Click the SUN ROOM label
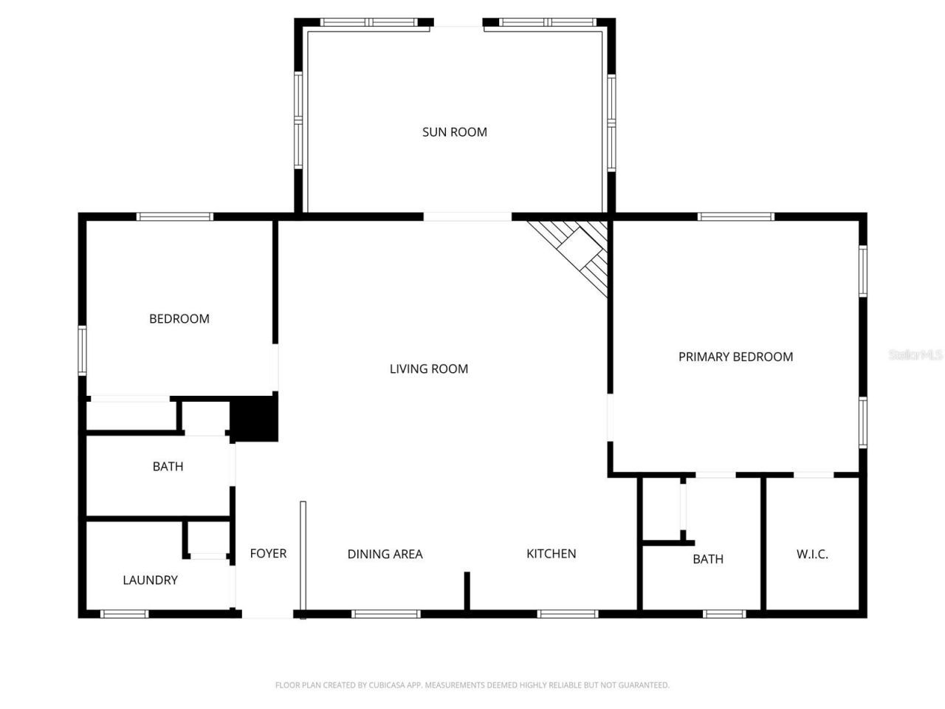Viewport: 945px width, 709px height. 454,132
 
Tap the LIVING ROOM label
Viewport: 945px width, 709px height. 428,369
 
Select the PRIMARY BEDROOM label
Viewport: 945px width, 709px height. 735,357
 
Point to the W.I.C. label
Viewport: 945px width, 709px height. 812,554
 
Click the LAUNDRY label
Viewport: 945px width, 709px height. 150,580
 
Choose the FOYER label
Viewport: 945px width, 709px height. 268,553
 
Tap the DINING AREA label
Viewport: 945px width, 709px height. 385,554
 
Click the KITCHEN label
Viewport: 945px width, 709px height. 551,553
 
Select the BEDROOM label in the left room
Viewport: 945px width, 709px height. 179,318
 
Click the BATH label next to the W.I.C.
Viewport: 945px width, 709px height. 707,559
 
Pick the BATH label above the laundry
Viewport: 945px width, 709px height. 168,466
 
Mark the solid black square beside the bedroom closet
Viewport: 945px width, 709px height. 254,419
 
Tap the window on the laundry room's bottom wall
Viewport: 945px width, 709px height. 124,614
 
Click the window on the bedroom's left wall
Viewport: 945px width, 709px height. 83,350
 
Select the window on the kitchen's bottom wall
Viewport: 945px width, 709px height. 567,614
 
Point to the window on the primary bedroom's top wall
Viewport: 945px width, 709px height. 735,216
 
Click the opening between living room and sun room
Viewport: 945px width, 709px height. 467,216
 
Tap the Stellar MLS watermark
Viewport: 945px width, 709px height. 915,355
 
